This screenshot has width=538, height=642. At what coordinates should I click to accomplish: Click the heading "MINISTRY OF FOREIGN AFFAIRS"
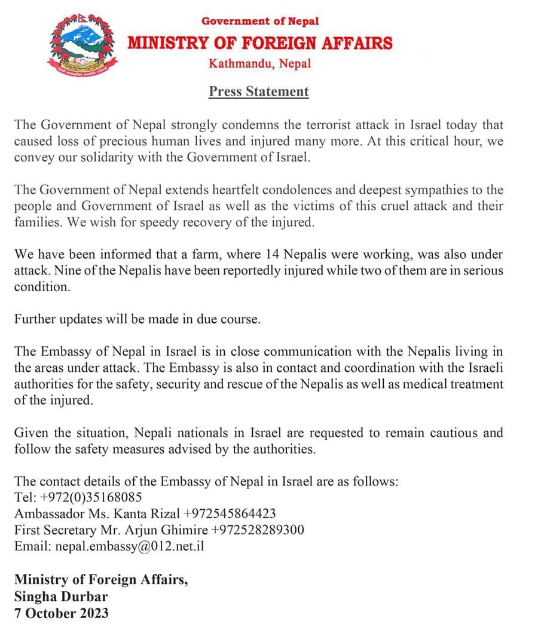260,43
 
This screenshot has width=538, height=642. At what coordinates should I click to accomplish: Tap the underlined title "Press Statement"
259,91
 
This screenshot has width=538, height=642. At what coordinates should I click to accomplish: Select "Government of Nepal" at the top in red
260,21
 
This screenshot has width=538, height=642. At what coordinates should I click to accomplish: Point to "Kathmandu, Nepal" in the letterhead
260,63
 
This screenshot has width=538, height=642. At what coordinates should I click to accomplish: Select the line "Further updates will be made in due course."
137,319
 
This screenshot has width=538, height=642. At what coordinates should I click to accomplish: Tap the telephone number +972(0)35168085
90,497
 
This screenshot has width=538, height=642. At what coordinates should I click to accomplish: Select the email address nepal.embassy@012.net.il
130,546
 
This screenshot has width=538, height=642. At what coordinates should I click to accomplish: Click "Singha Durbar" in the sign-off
61,596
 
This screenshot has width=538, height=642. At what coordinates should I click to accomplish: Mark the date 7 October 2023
62,613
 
